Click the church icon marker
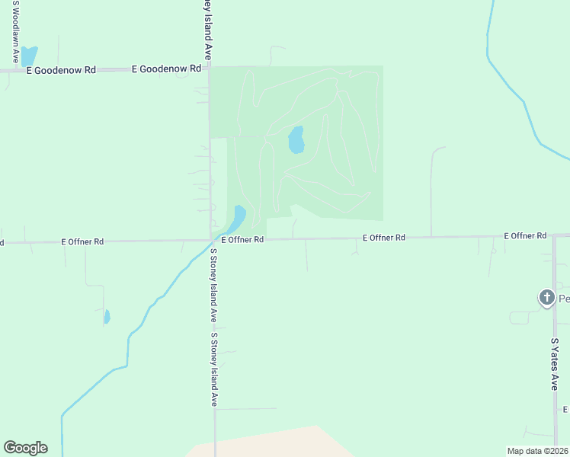pos(546,298)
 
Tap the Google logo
pos(25,448)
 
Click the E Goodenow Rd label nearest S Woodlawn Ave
pos(61,70)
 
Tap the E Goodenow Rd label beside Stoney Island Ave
pos(166,69)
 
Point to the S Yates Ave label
pos(555,365)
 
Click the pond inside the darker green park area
pos(296,140)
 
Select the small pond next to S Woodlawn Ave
pos(28,56)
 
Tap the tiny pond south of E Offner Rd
pos(107,316)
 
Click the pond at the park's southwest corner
pos(239,218)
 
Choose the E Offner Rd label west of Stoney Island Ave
pos(82,241)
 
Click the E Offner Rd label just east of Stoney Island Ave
pos(242,239)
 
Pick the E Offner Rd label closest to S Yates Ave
pos(525,236)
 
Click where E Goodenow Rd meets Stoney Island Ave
pos(209,69)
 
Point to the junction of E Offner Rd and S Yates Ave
pos(555,235)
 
